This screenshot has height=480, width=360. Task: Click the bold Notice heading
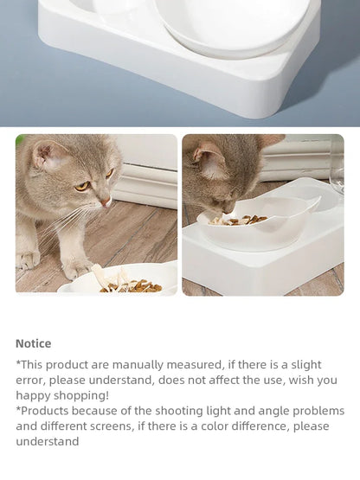(33, 343)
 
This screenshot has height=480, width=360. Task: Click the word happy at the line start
(33, 395)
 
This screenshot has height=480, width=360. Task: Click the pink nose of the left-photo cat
(106, 202)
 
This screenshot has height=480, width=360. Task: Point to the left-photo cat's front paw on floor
(27, 259)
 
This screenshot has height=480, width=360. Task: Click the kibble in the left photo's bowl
(130, 285)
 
